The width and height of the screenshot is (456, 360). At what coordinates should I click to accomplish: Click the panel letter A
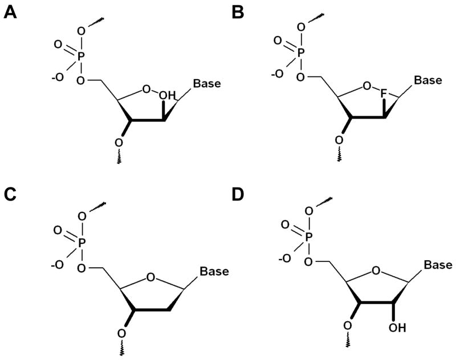(x=10, y=12)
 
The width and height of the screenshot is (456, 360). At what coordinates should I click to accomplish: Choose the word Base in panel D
(x=437, y=265)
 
